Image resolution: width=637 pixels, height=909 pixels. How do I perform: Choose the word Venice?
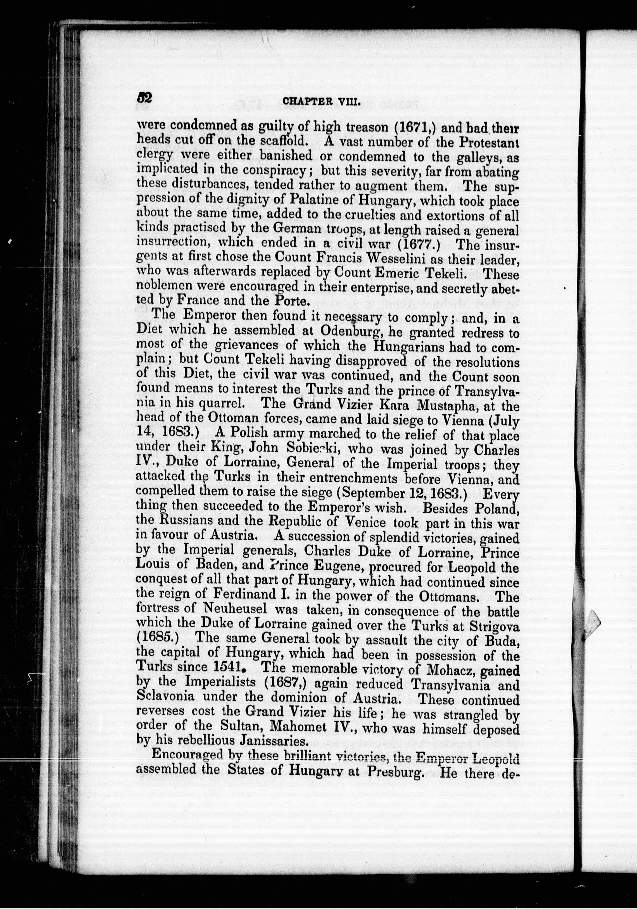364,523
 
